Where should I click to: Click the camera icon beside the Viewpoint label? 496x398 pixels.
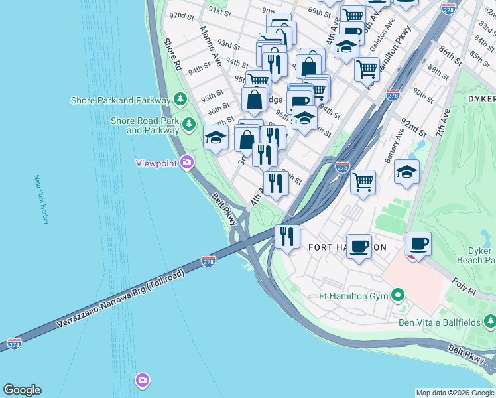(187, 162)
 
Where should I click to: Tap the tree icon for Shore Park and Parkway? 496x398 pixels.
(180, 100)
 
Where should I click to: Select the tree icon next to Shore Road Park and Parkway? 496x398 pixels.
(189, 123)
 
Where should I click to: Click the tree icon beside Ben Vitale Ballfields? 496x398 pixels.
(489, 322)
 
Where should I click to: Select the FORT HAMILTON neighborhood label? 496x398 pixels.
(347, 247)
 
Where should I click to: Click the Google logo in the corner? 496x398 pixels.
(22, 390)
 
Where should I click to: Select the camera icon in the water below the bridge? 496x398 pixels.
(142, 380)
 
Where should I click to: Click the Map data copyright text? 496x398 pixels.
(455, 393)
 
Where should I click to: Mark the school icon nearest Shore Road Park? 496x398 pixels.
(216, 137)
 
